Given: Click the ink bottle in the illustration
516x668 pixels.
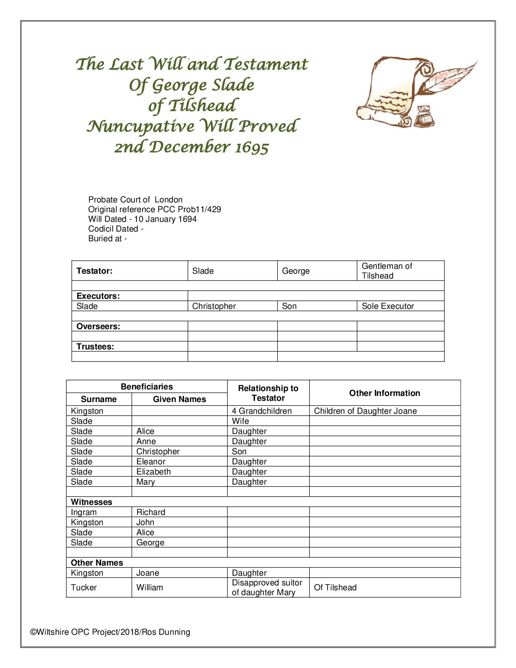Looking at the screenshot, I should [x=424, y=116].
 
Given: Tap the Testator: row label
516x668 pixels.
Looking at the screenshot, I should [x=94, y=271].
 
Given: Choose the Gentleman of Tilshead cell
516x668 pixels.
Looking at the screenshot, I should [x=386, y=271].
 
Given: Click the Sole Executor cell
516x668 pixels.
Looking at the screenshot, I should [x=388, y=306].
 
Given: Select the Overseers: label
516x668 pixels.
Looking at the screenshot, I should [x=98, y=326].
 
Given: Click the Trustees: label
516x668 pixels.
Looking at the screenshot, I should [x=95, y=347].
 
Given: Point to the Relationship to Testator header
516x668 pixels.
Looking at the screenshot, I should [x=268, y=393].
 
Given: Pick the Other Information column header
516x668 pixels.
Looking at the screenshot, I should [x=384, y=393].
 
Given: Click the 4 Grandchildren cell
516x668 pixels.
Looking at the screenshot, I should [x=261, y=411].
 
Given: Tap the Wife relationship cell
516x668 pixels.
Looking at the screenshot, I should [x=240, y=421].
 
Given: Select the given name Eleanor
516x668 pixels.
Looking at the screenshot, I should [x=151, y=462].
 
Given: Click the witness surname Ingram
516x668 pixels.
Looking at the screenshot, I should [x=84, y=512].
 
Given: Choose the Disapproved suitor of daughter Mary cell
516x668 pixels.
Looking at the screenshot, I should [x=267, y=587].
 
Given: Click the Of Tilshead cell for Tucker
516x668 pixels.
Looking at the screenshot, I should [x=335, y=587].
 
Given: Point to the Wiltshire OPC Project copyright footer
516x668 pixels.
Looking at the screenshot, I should [x=110, y=632].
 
